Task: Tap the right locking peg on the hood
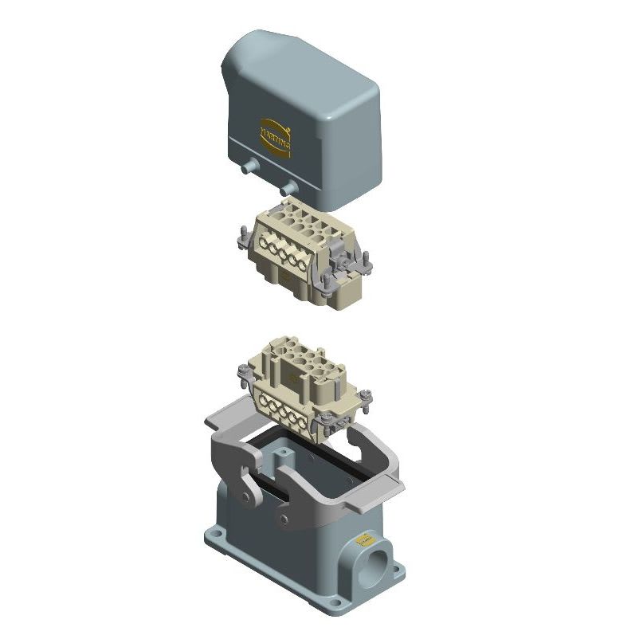coord(288,189)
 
